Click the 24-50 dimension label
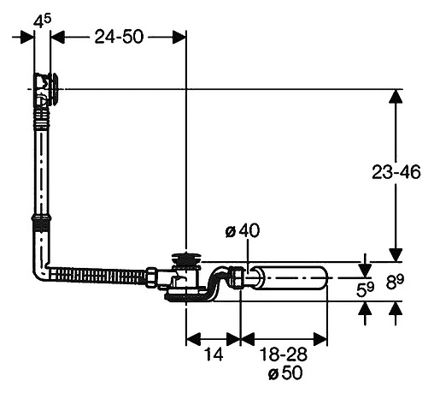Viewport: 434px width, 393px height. click(119, 37)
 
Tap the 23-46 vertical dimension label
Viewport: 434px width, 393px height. click(396, 172)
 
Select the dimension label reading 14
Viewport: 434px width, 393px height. click(214, 354)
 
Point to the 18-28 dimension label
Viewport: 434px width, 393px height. click(284, 354)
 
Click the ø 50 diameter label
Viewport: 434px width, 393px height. click(285, 372)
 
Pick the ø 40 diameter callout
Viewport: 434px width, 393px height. click(243, 230)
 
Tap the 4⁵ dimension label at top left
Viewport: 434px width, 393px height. click(42, 21)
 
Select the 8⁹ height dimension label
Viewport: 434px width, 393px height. click(395, 283)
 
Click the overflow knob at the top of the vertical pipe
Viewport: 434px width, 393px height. click(54, 89)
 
